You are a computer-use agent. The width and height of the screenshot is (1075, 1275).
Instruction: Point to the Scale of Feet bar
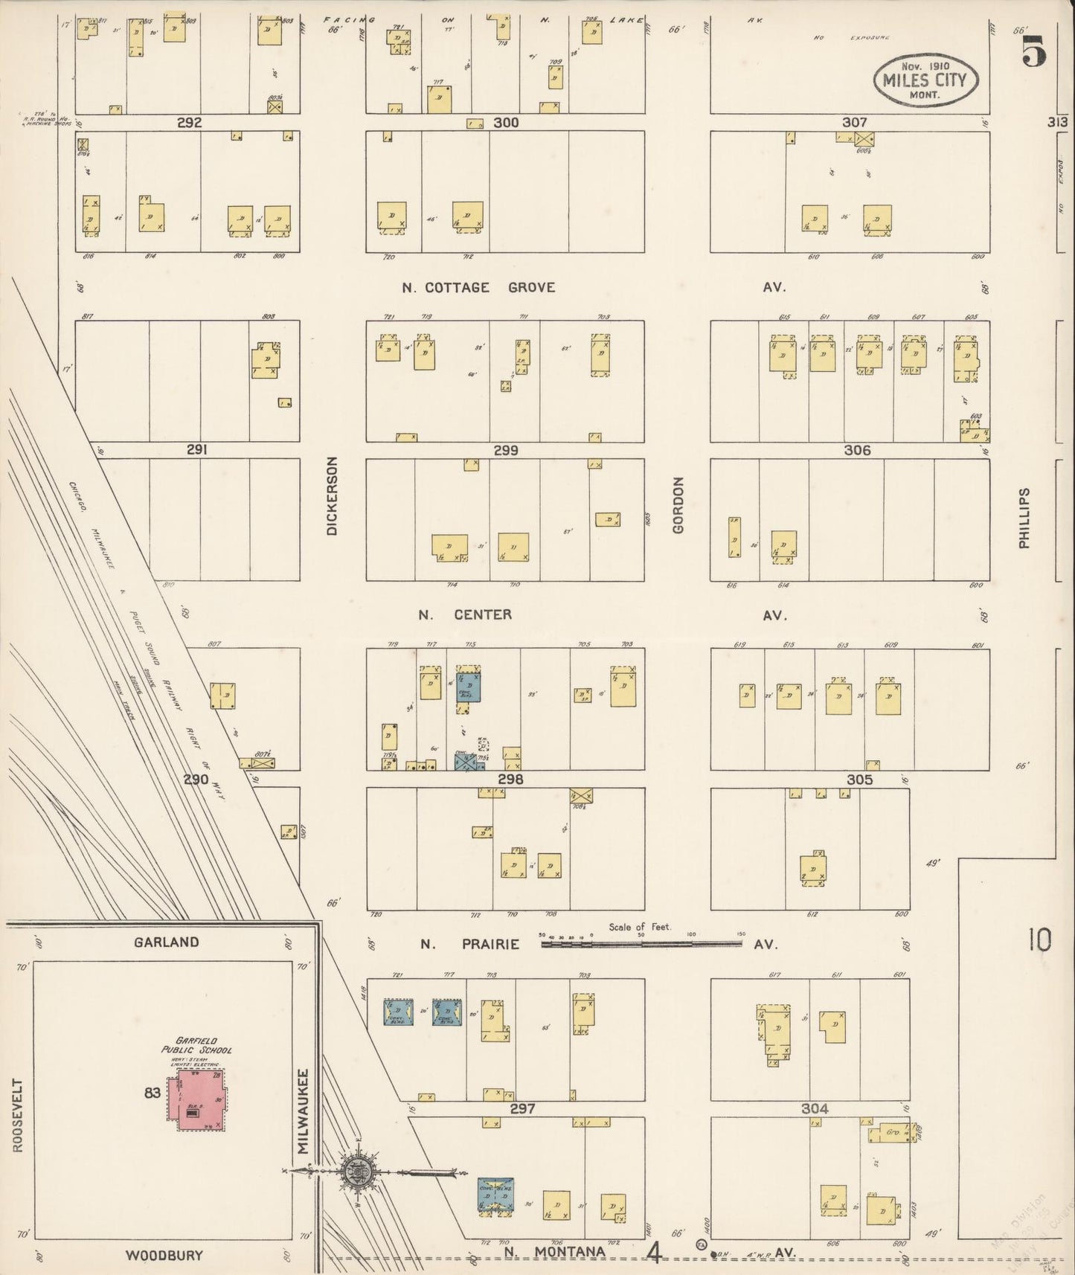click(x=641, y=943)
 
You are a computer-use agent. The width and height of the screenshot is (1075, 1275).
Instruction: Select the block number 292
click(x=189, y=123)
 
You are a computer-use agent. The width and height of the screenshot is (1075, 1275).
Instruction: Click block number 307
click(x=854, y=123)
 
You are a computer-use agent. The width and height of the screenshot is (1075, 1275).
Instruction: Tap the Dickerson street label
click(x=332, y=496)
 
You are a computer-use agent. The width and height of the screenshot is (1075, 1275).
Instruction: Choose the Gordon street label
click(x=678, y=505)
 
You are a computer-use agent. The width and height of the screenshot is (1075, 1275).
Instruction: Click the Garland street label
click(x=166, y=942)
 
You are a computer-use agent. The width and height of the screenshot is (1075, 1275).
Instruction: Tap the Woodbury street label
click(x=164, y=1255)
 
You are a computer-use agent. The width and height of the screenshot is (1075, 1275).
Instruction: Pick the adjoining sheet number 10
click(x=1039, y=940)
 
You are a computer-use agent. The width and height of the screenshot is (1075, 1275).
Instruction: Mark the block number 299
click(x=505, y=451)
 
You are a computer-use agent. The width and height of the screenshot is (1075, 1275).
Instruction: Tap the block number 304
click(x=815, y=1108)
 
